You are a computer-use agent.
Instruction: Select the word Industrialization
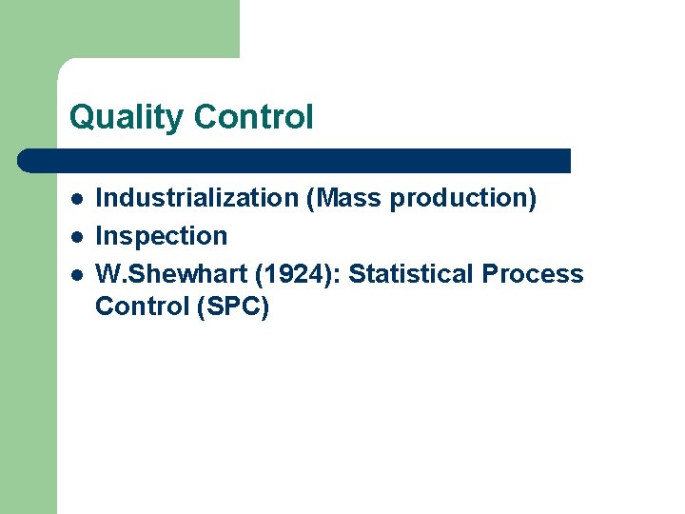pyautogui.click(x=198, y=198)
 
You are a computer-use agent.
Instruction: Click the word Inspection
pyautogui.click(x=162, y=236)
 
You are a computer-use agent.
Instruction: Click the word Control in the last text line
pyautogui.click(x=140, y=306)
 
